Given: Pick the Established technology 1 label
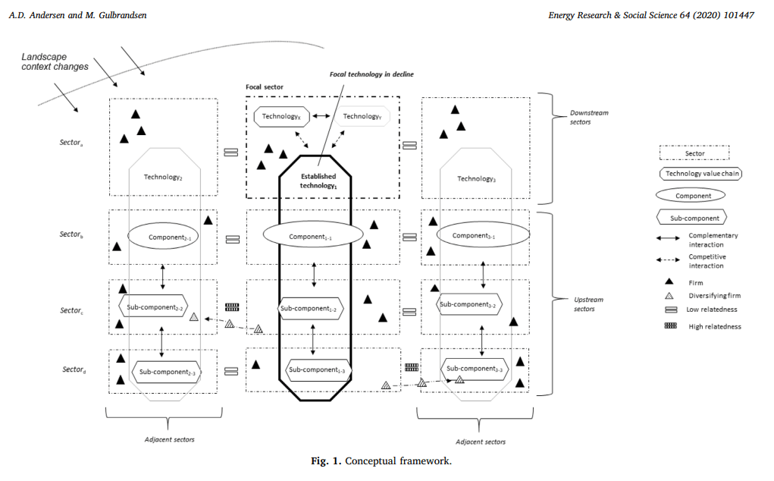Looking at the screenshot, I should (318, 181).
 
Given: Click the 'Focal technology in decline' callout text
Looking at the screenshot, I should (371, 74).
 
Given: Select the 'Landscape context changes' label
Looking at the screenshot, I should (55, 61).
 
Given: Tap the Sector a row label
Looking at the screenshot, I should (73, 142).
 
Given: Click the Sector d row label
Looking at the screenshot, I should (74, 369).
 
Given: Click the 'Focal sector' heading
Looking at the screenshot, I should (265, 87).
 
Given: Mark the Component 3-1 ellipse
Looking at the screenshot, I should (473, 236).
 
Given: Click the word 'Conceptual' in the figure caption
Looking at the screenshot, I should (371, 461).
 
